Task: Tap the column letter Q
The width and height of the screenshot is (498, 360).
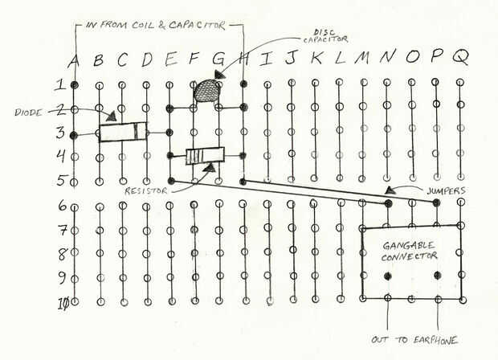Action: point(460,59)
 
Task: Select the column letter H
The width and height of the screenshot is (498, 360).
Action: point(242,59)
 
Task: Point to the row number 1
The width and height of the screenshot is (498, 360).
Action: point(59,84)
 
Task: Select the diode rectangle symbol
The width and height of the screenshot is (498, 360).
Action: point(124,131)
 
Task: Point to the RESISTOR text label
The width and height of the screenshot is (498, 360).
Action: point(146,191)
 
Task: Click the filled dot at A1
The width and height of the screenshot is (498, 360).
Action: point(74,84)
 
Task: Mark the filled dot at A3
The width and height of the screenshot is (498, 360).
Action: point(74,135)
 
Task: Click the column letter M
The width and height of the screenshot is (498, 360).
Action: point(363,59)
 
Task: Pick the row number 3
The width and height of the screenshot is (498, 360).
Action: point(59,133)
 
